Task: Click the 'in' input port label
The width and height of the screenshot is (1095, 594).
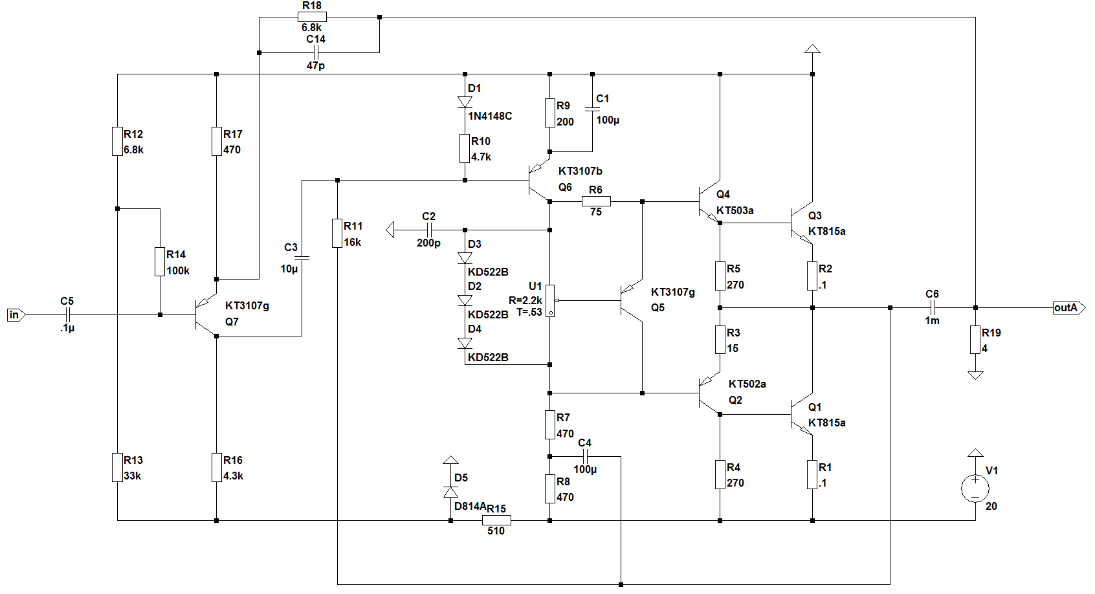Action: tap(15, 315)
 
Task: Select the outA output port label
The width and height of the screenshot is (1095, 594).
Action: tap(1067, 308)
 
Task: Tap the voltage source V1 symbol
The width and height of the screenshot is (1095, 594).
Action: tap(975, 488)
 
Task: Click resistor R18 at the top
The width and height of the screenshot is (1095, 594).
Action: tap(312, 17)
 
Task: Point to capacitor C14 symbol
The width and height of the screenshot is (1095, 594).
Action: tap(315, 52)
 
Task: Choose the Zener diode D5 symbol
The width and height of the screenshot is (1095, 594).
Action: tap(451, 492)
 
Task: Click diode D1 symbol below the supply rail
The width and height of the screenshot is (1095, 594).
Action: tap(465, 102)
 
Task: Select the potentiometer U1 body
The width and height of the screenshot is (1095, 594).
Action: tap(550, 300)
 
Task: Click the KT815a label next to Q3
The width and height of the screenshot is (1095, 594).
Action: tap(826, 231)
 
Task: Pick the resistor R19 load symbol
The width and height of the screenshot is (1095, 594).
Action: tap(975, 340)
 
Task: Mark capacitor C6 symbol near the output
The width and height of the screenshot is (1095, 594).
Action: tap(932, 308)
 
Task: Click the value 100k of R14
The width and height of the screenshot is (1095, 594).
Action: tap(178, 270)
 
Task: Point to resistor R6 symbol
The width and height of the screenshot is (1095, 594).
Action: tap(596, 201)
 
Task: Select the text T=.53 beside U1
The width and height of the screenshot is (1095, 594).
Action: tap(529, 312)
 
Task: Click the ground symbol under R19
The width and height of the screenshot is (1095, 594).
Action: tap(975, 375)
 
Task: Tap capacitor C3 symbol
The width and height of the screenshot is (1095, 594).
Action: tap(302, 258)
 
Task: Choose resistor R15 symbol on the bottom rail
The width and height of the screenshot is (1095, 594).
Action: tap(496, 520)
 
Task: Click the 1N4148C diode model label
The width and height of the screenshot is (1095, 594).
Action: tap(490, 116)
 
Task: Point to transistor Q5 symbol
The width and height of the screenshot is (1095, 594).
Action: tap(629, 300)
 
